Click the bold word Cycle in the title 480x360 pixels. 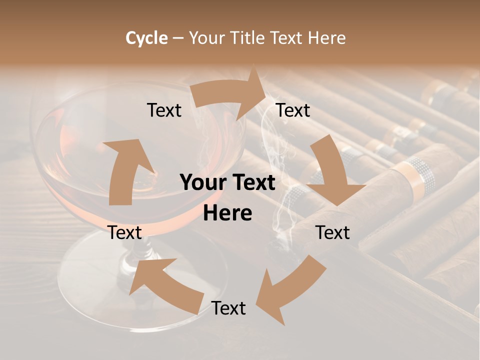point(146,38)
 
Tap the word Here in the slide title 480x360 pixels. point(326,38)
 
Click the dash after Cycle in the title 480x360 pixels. point(178,38)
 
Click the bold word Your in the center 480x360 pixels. point(201,182)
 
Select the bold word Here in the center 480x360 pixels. point(227,213)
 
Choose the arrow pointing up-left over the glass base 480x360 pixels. point(165,285)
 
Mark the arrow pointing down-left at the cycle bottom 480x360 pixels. point(290,290)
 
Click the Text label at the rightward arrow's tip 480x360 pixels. point(293,110)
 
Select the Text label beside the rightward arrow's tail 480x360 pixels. point(164,110)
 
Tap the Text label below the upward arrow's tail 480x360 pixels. point(124,232)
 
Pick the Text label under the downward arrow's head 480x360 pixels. point(332,232)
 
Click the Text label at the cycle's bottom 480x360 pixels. point(228,308)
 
